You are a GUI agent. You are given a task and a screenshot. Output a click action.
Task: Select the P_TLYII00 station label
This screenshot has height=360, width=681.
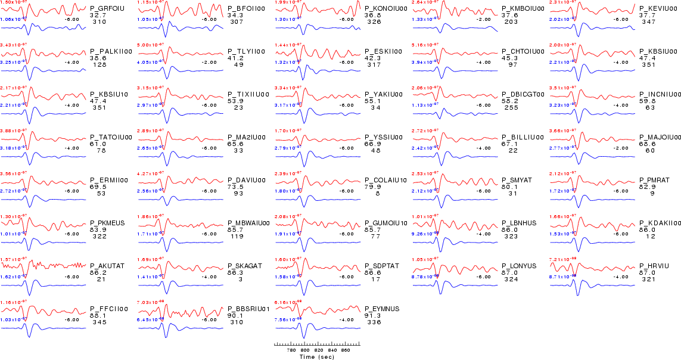(x=246, y=51)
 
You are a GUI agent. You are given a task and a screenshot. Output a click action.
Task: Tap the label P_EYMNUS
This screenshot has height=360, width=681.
(x=382, y=309)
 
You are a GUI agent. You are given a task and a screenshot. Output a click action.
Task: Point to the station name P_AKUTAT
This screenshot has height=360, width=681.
(x=107, y=266)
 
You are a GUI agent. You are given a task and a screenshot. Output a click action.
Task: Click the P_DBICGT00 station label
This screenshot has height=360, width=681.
(x=523, y=94)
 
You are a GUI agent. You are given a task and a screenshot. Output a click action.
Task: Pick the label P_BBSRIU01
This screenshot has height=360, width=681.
(x=249, y=309)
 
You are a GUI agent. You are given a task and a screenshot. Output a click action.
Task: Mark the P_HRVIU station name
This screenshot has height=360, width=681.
(x=655, y=266)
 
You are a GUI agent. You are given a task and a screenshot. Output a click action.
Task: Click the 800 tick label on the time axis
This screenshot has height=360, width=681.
(x=304, y=351)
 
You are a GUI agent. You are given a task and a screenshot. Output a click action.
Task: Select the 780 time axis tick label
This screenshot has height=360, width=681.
(x=291, y=351)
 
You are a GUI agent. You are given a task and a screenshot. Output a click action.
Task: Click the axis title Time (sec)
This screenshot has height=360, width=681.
(x=316, y=357)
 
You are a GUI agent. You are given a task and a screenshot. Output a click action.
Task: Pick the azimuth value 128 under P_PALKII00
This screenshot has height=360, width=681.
(x=99, y=64)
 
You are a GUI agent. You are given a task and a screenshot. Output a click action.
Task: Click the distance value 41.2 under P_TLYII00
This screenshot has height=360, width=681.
(x=236, y=58)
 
